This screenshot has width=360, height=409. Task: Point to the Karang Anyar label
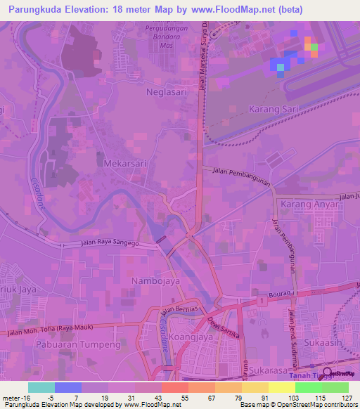pos(305,204)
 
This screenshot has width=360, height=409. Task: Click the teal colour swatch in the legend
pos(41,387)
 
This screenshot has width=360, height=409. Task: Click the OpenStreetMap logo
pos(339,373)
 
